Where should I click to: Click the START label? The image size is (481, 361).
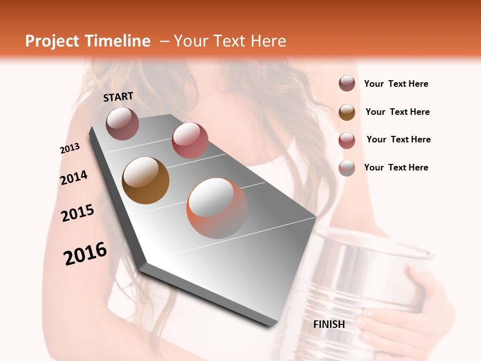(118, 97)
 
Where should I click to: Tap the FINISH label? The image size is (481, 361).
(329, 324)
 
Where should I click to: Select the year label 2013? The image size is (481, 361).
(70, 148)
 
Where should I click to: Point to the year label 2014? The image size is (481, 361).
(74, 177)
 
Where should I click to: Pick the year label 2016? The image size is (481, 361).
(85, 254)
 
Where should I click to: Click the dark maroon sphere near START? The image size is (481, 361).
(122, 123)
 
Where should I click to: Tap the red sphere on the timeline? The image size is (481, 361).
(190, 140)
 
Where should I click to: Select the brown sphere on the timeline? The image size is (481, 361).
(145, 180)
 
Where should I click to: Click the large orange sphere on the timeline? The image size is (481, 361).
(217, 208)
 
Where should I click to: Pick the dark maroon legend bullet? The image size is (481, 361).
(347, 84)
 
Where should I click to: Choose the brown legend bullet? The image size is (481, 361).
(347, 112)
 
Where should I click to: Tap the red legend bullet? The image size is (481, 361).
(347, 140)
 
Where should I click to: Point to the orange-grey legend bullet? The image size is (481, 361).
(347, 167)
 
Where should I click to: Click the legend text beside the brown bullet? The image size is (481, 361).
(397, 112)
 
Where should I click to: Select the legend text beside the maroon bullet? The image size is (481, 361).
(396, 84)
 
